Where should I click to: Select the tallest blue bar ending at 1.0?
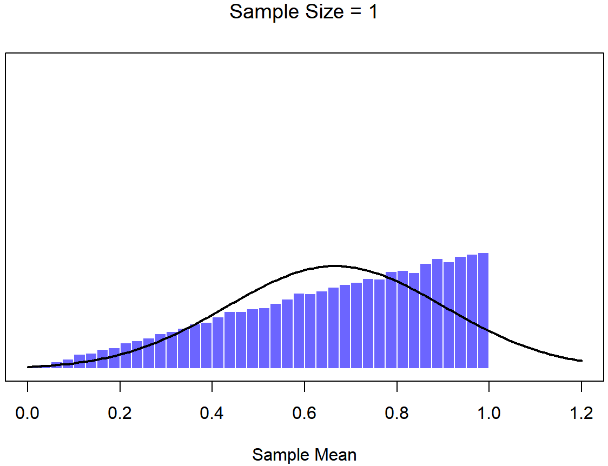coord(483,311)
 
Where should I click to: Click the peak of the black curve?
coord(335,266)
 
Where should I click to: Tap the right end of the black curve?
coord(581,361)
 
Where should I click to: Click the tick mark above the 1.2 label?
coord(581,385)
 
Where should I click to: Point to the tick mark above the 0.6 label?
coord(305,385)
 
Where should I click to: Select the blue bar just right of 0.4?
coord(218,343)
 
